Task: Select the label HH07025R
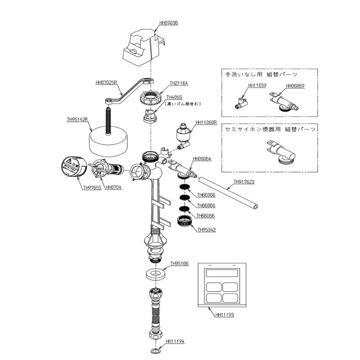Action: coord(106,83)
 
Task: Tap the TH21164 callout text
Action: coord(179,83)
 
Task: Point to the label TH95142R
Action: coord(77,120)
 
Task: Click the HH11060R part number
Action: coord(206,122)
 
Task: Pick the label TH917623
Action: coord(244,182)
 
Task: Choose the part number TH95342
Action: coord(207,230)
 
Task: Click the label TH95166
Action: coord(179,264)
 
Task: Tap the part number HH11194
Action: coord(175,342)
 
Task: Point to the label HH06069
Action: coord(295,85)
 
